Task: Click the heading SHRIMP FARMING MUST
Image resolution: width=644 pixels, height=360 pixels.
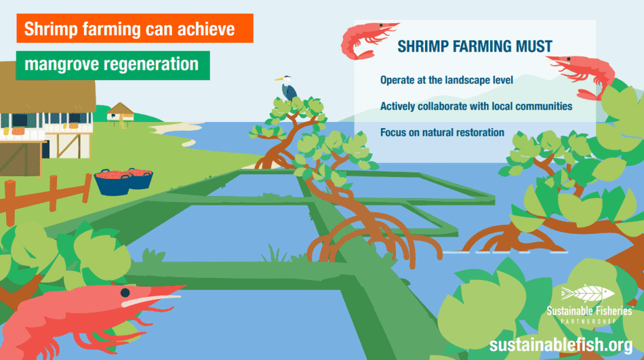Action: [475, 47]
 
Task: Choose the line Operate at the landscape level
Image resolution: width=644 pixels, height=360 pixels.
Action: [446, 80]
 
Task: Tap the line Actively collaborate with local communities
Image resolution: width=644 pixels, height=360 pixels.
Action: [476, 106]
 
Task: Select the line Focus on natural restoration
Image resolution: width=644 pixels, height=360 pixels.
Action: [442, 132]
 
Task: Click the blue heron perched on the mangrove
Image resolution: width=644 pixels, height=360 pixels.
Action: [287, 88]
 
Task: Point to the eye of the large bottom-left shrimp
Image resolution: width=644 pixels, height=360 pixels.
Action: [125, 292]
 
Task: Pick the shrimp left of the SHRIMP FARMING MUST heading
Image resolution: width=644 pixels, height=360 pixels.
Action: [363, 37]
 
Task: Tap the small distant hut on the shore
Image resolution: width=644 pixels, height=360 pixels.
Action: [121, 111]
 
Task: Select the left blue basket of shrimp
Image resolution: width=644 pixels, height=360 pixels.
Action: [113, 182]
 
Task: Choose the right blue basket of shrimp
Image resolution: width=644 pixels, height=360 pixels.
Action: [140, 178]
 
